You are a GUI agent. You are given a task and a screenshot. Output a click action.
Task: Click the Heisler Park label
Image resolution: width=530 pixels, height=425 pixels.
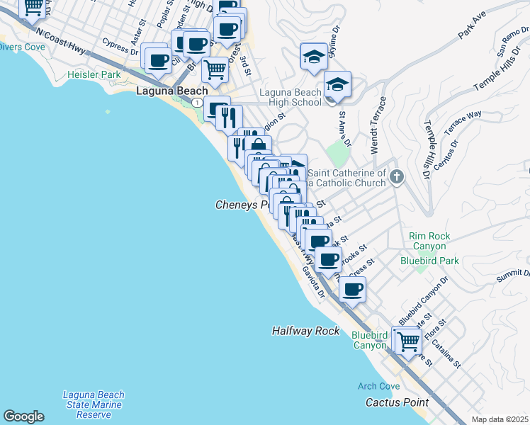pyautogui.click(x=94, y=74)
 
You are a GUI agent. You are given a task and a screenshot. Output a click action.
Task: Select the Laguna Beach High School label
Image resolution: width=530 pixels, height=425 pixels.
pyautogui.click(x=291, y=97)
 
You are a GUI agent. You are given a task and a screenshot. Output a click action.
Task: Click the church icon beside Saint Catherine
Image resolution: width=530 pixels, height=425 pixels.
pyautogui.click(x=397, y=177)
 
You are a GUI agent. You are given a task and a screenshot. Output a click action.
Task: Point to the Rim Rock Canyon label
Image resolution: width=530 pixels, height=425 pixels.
pyautogui.click(x=427, y=241)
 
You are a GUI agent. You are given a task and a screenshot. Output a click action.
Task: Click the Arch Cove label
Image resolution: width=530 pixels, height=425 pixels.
pyautogui.click(x=378, y=386)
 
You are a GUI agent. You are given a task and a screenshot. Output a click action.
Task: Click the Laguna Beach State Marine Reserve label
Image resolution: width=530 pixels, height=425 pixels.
pyautogui.click(x=94, y=404)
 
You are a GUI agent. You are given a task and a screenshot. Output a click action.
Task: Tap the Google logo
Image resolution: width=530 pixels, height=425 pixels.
pyautogui.click(x=23, y=416)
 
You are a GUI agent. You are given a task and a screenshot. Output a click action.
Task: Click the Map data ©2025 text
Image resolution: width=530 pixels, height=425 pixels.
pyautogui.click(x=499, y=419)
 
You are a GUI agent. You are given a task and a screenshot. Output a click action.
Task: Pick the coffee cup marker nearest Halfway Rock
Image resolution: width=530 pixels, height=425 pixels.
pyautogui.click(x=352, y=288)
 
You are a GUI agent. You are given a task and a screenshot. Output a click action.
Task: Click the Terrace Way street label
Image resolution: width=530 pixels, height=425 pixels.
pyautogui.click(x=464, y=123)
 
